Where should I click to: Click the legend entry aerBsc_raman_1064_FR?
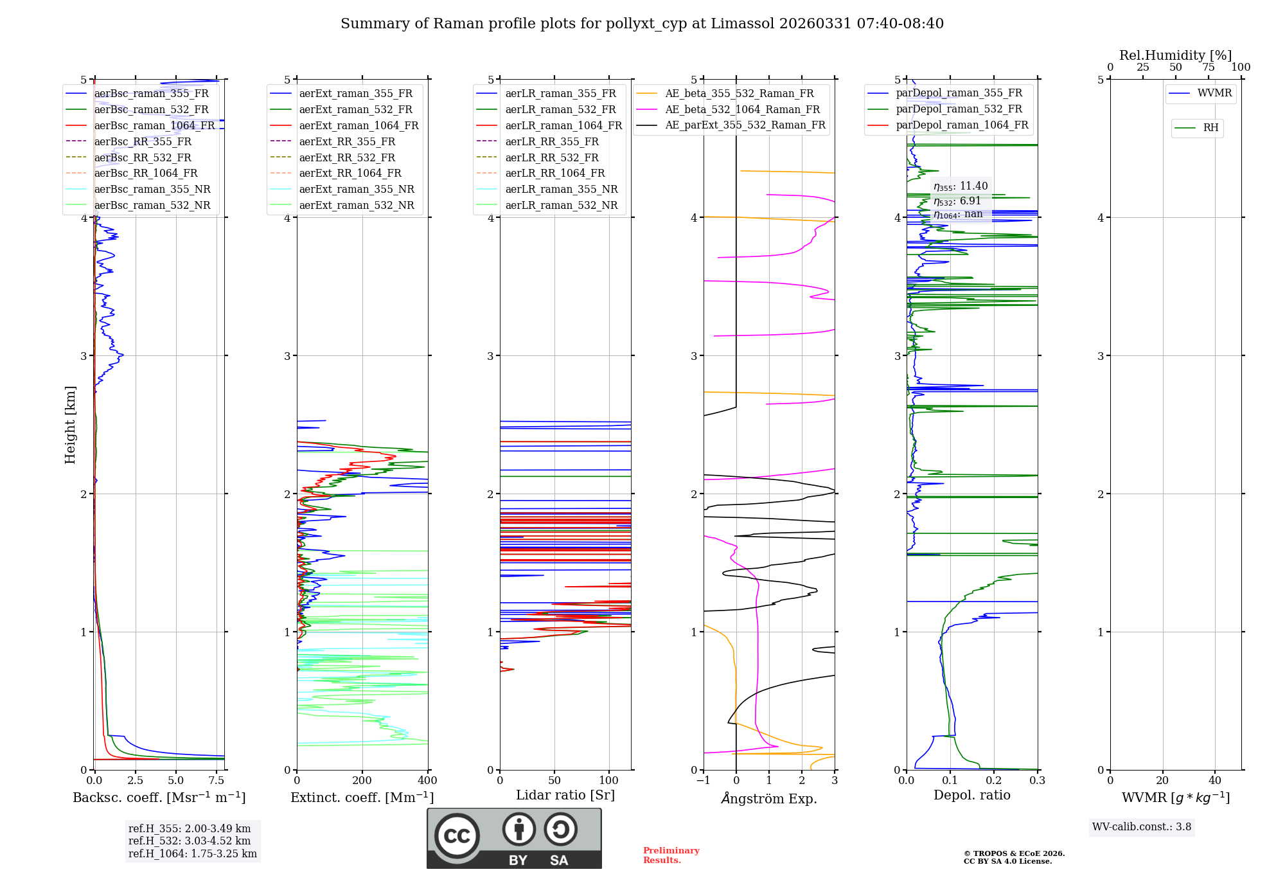154,126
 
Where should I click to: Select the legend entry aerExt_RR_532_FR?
347,157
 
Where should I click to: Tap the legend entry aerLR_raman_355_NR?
561,190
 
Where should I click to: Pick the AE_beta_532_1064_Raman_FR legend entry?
742,110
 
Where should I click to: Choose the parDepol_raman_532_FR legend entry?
959,109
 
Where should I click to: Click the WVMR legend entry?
1214,93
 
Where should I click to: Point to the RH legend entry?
1210,128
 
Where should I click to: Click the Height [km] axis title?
70,425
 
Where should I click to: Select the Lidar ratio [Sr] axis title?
565,795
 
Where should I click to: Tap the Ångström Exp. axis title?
769,798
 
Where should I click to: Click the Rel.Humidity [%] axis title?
1175,55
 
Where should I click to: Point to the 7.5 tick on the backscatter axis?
217,781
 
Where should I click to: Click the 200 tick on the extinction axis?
362,781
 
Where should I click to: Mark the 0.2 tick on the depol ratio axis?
994,781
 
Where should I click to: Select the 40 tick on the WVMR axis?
1215,781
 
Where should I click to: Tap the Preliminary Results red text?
671,855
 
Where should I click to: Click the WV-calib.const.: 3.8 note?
1142,827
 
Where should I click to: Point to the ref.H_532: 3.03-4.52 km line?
190,841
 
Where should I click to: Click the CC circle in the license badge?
457,835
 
